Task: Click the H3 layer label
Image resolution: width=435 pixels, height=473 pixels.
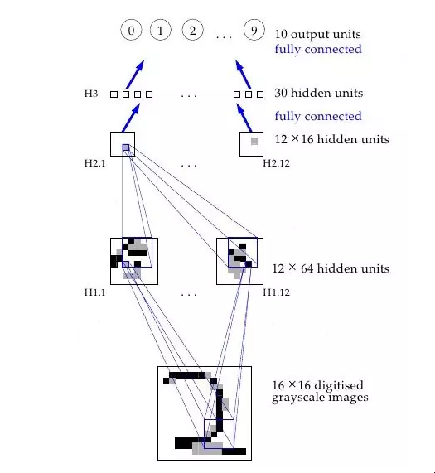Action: coord(91,94)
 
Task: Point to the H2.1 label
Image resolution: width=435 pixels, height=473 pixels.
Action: coord(95,163)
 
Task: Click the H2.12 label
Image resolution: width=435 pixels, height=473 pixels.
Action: coord(276,163)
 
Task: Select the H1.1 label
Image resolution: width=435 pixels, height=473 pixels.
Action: coord(95,292)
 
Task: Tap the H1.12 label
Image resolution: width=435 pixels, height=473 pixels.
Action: coord(276,292)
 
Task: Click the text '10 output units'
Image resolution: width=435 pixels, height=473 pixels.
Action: coord(317,34)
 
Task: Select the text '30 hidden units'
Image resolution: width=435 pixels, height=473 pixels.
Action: coord(318,93)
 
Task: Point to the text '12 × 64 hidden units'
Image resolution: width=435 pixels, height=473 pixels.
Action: coord(331,268)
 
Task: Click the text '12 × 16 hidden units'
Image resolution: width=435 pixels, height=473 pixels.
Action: coord(331,139)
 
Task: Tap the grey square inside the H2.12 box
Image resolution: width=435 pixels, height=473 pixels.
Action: coord(254,141)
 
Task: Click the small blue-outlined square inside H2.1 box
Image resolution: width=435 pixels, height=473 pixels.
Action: coord(126,147)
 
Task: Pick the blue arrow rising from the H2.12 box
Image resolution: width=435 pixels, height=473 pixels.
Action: coord(244,118)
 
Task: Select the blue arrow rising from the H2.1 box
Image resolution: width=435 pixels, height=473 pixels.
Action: coord(131,118)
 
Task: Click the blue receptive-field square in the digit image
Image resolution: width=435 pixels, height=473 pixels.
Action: coord(219,434)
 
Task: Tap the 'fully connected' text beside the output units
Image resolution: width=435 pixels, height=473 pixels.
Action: coord(318,50)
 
